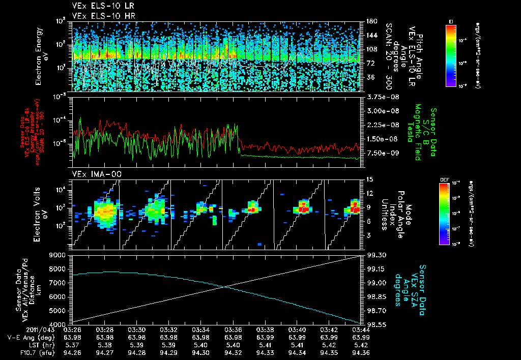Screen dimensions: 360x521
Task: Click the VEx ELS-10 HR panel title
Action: (99, 16)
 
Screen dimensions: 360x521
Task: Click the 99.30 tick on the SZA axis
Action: (377, 255)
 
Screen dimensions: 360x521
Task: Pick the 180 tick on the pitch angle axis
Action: (370, 21)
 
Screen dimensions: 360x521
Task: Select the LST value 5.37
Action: (73, 344)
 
